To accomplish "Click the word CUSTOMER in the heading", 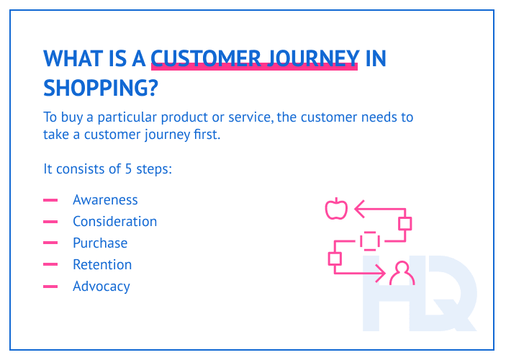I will coord(203,58).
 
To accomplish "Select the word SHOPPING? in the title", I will coord(101,88).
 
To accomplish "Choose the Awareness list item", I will coord(105,200).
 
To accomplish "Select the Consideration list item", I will coord(114,222).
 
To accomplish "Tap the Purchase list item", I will coord(100,243).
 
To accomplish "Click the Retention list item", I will coord(102,265).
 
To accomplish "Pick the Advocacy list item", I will coord(101,287).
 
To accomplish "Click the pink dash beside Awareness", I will coord(50,200).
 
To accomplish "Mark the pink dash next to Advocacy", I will coord(50,287).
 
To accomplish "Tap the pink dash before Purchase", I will coord(50,243).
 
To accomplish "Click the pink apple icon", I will coord(335,209).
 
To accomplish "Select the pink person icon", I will coord(401,274).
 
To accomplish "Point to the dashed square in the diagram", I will coord(369,240).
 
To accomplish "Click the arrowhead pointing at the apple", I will coord(358,210).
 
